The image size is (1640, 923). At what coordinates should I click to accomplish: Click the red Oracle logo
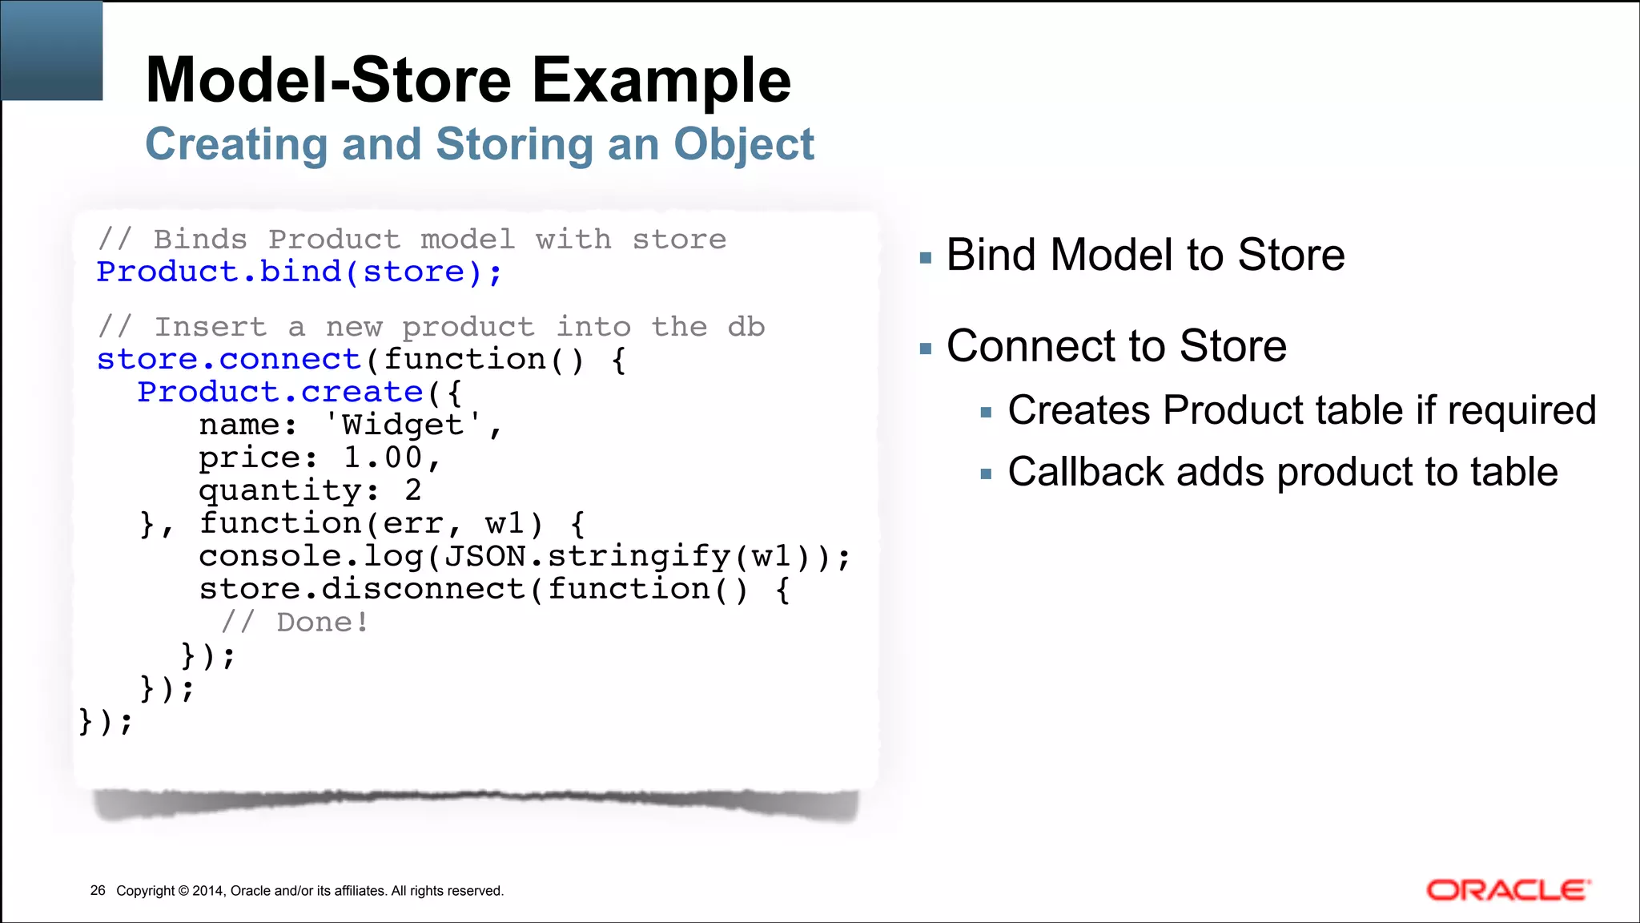click(1508, 890)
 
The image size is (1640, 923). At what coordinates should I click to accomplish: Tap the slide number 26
click(98, 891)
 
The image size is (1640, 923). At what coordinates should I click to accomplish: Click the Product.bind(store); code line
click(299, 272)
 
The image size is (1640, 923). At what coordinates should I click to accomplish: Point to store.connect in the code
click(229, 360)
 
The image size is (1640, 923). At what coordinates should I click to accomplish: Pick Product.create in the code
click(280, 393)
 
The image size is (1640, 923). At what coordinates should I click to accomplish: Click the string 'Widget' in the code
click(403, 425)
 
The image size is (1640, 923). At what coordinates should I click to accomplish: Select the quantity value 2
click(413, 490)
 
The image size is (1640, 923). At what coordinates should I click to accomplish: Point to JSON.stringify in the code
click(586, 556)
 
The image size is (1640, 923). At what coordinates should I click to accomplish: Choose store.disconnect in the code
click(362, 589)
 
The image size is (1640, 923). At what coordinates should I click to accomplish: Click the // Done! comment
click(295, 623)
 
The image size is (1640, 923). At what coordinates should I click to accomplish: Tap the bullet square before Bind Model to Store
click(927, 258)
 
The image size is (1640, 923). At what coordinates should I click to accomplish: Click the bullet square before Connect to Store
click(927, 349)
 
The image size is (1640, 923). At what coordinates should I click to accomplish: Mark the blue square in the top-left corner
click(52, 50)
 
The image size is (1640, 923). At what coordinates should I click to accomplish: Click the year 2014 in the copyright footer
click(208, 891)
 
